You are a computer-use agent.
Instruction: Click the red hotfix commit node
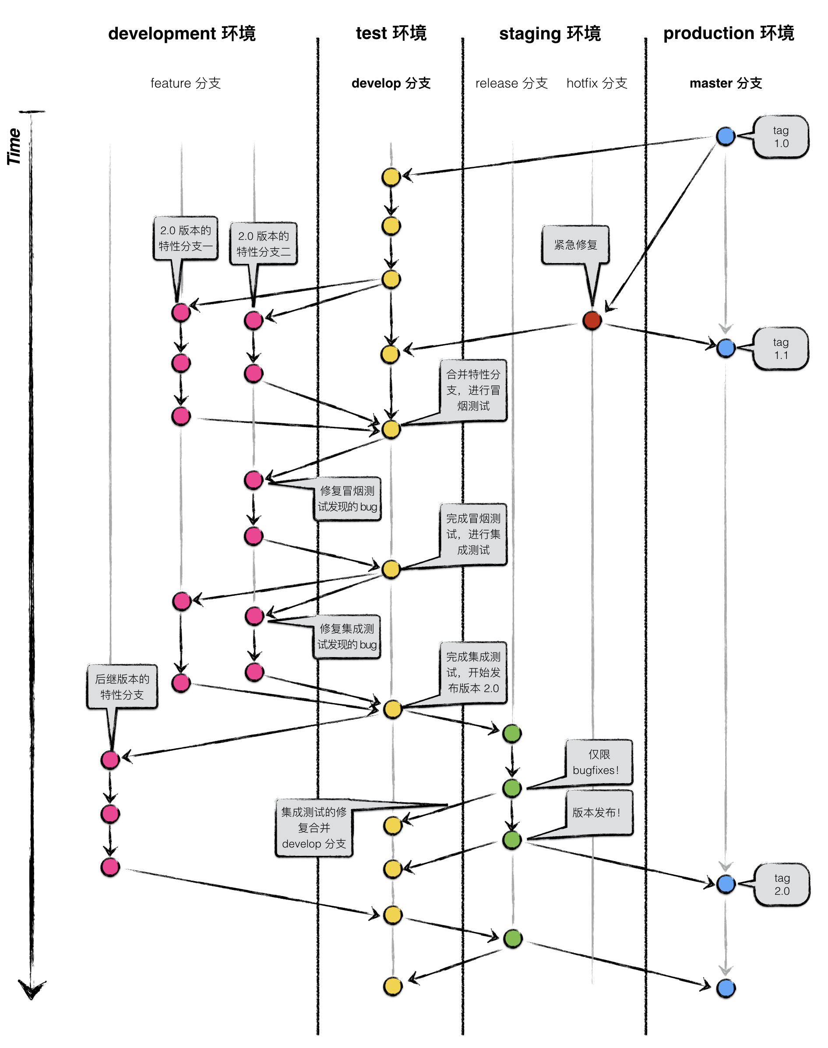pyautogui.click(x=592, y=320)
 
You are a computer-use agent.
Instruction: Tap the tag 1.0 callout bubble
pyautogui.click(x=780, y=137)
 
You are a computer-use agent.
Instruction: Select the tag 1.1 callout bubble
pyautogui.click(x=780, y=348)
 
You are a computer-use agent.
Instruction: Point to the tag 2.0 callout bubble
pyautogui.click(x=782, y=884)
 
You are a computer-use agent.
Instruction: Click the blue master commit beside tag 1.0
pyautogui.click(x=725, y=136)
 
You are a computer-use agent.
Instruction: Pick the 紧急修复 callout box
pyautogui.click(x=575, y=245)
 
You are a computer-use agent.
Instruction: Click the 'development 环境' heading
pyautogui.click(x=182, y=33)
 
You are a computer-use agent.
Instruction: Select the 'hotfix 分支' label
pyautogui.click(x=597, y=83)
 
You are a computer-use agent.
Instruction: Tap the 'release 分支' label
pyautogui.click(x=511, y=83)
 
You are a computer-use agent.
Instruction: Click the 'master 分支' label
pyautogui.click(x=726, y=83)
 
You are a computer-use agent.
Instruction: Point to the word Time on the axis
pyautogui.click(x=14, y=146)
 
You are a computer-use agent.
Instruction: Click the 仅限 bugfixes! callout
pyautogui.click(x=599, y=762)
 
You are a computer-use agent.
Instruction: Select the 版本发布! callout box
pyautogui.click(x=599, y=812)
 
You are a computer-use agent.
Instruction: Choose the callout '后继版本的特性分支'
pyautogui.click(x=122, y=686)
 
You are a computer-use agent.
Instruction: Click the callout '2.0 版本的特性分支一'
pyautogui.click(x=186, y=238)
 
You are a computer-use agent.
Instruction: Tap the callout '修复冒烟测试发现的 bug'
pyautogui.click(x=347, y=499)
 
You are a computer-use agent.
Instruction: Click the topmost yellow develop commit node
pyautogui.click(x=391, y=177)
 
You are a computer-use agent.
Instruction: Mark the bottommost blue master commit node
pyautogui.click(x=726, y=988)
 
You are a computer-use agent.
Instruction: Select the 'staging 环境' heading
pyautogui.click(x=550, y=33)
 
